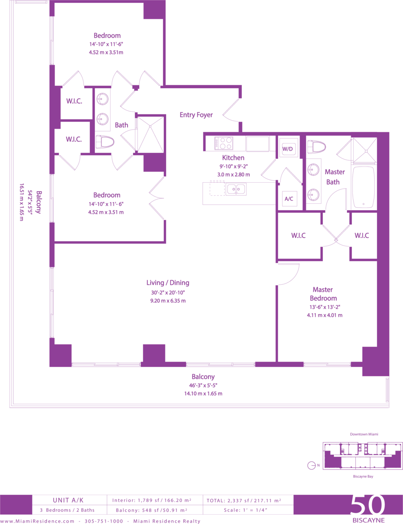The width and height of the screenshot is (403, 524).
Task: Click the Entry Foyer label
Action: pyautogui.click(x=196, y=115)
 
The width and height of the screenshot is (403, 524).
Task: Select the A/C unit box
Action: pyautogui.click(x=289, y=199)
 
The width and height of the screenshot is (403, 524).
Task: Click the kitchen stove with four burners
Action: pyautogui.click(x=224, y=143)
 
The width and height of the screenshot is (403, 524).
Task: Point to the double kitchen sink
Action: pyautogui.click(x=236, y=189)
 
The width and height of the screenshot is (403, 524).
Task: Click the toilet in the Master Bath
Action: pyautogui.click(x=316, y=147)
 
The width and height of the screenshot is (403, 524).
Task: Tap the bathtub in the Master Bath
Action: pyautogui.click(x=363, y=187)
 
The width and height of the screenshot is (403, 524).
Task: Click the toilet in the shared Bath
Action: pyautogui.click(x=105, y=142)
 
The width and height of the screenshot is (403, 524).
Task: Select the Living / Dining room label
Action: pyautogui.click(x=168, y=283)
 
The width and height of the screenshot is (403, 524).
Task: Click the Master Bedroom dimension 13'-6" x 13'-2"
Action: pyautogui.click(x=325, y=307)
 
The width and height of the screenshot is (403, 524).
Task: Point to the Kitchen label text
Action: pyautogui.click(x=233, y=158)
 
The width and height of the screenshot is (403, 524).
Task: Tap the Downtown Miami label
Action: pyautogui.click(x=364, y=434)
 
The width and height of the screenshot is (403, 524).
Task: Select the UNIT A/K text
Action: pyautogui.click(x=68, y=500)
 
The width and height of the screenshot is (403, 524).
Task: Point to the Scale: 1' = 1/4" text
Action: pyautogui.click(x=246, y=510)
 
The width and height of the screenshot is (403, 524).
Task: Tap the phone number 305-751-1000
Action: pyautogui.click(x=104, y=521)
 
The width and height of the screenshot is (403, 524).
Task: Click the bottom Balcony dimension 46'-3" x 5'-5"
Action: pyautogui.click(x=203, y=385)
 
